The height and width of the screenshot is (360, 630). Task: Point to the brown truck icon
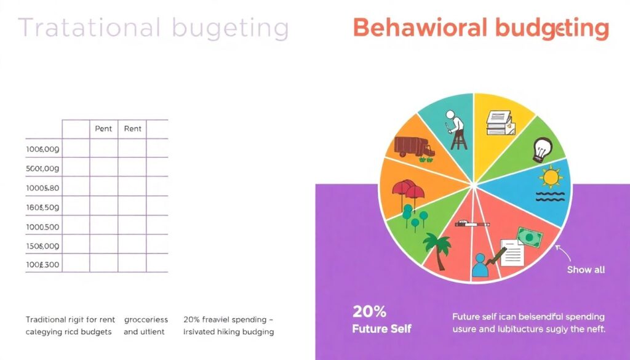[413, 147]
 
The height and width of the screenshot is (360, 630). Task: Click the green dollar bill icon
[529, 237]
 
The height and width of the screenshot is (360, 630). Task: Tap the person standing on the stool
[457, 130]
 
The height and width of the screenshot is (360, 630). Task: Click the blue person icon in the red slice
[479, 267]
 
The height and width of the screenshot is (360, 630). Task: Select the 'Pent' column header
[103, 129]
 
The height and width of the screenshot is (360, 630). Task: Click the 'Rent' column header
[132, 129]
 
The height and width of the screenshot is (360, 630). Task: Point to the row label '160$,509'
[43, 207]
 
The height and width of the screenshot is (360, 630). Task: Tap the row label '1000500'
[43, 226]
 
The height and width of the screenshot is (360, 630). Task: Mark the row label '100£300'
[43, 264]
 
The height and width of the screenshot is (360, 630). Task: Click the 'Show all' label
[586, 270]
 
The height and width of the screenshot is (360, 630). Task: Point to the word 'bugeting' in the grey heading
[231, 29]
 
